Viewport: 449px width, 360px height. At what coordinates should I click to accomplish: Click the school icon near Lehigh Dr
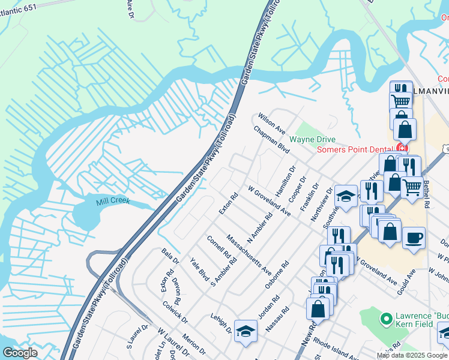(246, 331)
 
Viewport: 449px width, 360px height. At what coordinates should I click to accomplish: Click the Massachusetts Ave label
(249, 256)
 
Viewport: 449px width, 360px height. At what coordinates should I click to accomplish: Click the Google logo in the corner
(20, 352)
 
